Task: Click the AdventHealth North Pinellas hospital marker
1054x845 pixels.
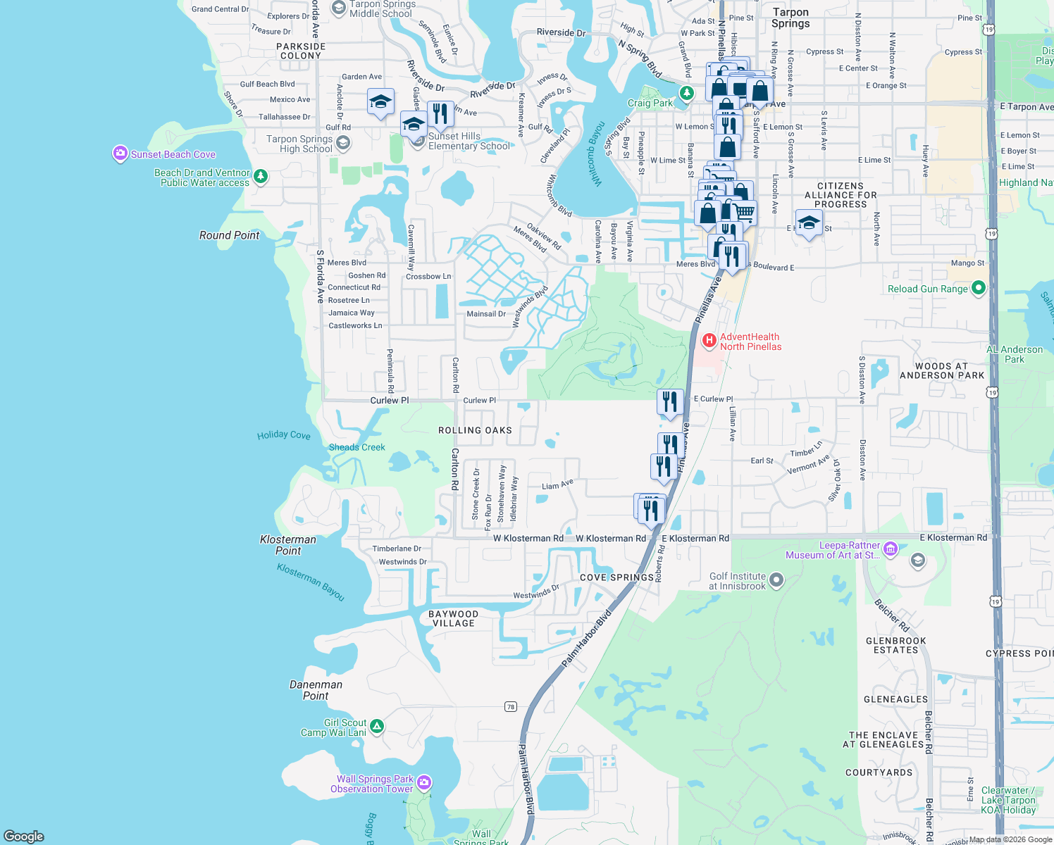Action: click(x=709, y=342)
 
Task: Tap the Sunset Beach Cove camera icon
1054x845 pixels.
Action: click(x=120, y=154)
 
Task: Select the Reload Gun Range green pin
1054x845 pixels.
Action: click(x=977, y=288)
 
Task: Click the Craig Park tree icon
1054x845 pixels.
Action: click(x=686, y=94)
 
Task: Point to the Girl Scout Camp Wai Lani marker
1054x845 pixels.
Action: click(x=377, y=726)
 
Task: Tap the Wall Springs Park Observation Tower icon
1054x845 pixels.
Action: click(x=423, y=783)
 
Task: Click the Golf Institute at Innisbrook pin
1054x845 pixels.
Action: click(x=776, y=580)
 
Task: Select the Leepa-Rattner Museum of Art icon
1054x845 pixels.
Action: click(x=890, y=549)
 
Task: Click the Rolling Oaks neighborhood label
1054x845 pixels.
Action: click(x=475, y=430)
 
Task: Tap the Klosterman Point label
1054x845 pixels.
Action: click(x=288, y=545)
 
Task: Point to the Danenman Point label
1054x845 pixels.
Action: click(x=316, y=690)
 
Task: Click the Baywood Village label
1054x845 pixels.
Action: click(x=454, y=618)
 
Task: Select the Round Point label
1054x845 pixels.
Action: click(x=230, y=235)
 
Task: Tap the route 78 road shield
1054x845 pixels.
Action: click(x=511, y=706)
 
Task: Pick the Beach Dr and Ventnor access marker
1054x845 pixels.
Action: click(x=261, y=176)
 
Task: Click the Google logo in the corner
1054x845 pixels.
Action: click(x=24, y=836)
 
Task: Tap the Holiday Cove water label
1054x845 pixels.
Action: click(x=283, y=435)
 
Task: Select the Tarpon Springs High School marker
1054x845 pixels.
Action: click(x=342, y=144)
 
